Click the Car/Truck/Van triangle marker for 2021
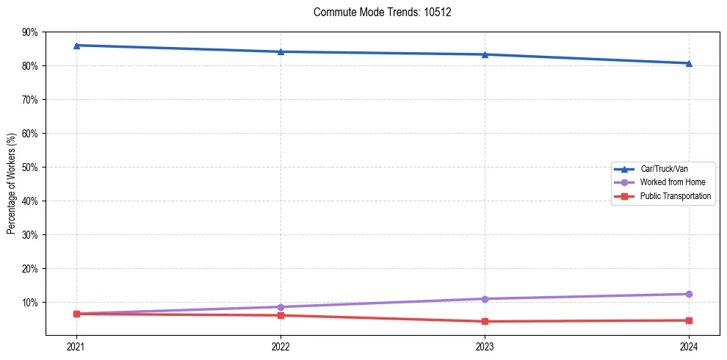tap(76, 46)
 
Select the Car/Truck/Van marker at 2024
tap(689, 63)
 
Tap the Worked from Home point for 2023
tap(485, 299)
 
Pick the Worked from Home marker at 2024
tap(689, 294)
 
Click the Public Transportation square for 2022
tap(281, 315)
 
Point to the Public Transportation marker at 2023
tap(485, 321)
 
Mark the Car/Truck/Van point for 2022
tap(281, 51)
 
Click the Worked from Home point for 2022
tap(281, 307)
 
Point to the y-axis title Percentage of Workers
tap(12, 184)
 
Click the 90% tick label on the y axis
tap(30, 32)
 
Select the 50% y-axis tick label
tap(30, 168)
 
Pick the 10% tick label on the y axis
tap(30, 303)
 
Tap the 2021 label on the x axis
tap(76, 346)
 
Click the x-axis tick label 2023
tap(485, 346)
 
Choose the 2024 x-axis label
tap(689, 346)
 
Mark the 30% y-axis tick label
tap(30, 235)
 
